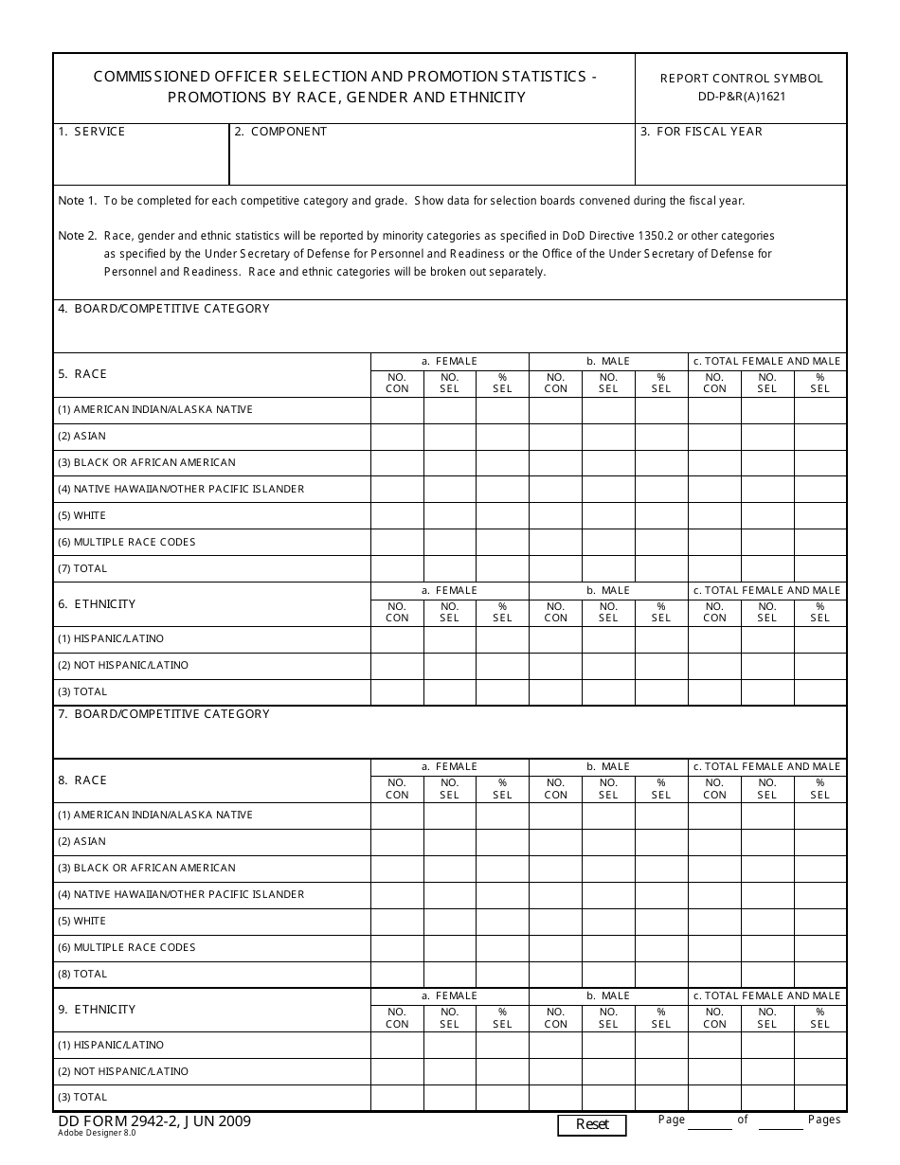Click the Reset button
(x=592, y=1124)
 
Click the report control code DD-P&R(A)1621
(x=742, y=97)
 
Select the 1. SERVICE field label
(x=91, y=132)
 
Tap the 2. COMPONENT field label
(x=280, y=132)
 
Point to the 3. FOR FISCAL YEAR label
(x=701, y=132)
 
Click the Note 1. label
(x=78, y=201)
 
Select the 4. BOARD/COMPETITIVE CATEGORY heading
(x=164, y=309)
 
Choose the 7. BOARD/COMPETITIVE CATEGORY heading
(x=164, y=714)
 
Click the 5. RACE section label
(x=82, y=374)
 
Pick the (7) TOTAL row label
(x=82, y=568)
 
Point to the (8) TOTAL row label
(x=82, y=974)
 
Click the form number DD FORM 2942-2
(x=116, y=1121)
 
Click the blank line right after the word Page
(x=710, y=1122)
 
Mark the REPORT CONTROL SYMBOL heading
(x=742, y=79)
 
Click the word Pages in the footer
(x=824, y=1120)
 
